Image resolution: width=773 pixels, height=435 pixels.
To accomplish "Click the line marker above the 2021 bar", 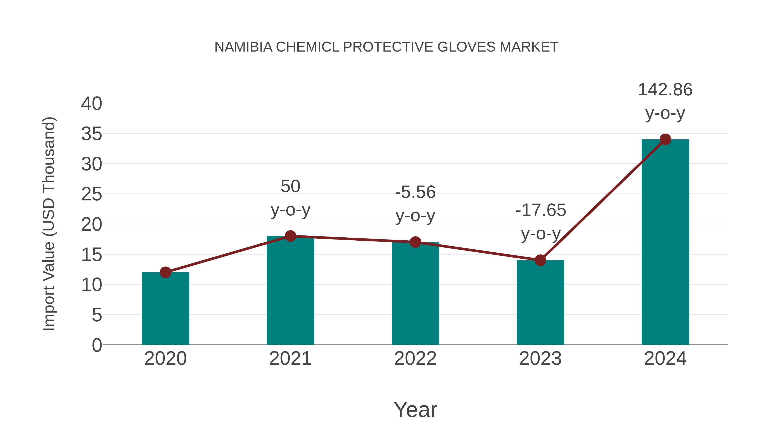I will [x=290, y=236].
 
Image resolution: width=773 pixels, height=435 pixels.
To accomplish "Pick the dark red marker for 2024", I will [x=665, y=139].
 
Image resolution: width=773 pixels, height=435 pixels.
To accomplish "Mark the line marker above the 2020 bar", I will [x=165, y=272].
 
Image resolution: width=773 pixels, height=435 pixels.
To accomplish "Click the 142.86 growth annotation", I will [x=665, y=90].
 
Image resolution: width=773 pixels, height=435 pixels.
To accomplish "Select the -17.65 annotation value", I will [x=540, y=210].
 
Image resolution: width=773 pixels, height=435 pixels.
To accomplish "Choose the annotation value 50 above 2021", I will [x=290, y=186].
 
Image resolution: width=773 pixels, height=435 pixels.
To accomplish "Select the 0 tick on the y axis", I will [x=97, y=345].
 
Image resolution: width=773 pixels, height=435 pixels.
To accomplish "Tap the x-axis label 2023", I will [x=540, y=359].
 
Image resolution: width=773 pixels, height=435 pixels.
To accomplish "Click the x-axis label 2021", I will [x=290, y=359].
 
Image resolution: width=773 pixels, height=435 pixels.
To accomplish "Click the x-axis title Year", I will [x=415, y=409].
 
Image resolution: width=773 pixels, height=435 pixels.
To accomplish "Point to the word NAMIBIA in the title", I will [x=243, y=47].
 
